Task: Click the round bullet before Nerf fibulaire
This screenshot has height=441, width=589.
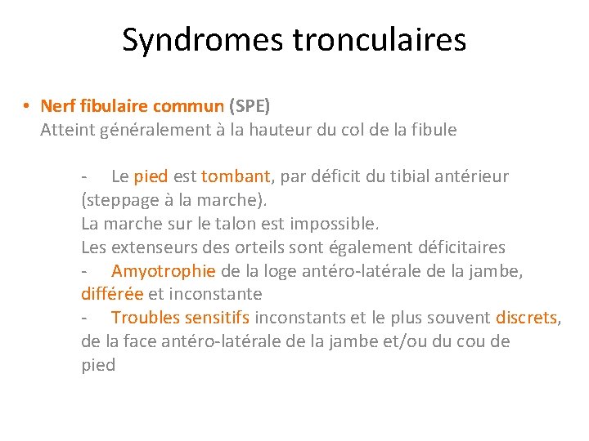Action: click(x=27, y=106)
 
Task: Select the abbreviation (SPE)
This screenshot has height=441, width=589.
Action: click(x=249, y=106)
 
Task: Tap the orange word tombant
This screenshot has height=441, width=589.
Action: click(x=236, y=176)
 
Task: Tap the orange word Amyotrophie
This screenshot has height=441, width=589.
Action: click(x=164, y=271)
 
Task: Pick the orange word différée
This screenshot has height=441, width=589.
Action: click(x=113, y=294)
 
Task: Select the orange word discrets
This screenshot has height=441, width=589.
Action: click(x=526, y=318)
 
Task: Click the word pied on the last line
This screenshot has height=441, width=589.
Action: click(x=98, y=365)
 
